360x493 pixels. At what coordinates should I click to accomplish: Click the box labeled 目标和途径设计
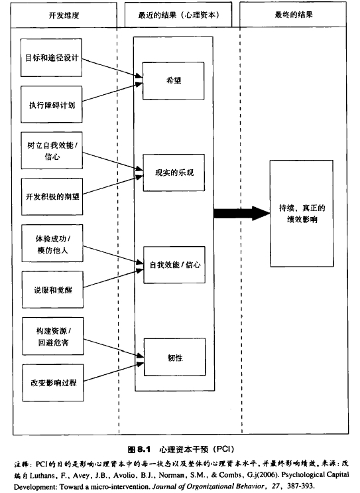point(51,58)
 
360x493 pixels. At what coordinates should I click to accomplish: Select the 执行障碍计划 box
point(52,104)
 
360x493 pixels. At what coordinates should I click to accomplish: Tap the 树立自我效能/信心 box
point(52,151)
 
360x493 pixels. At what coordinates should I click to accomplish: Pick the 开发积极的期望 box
point(52,197)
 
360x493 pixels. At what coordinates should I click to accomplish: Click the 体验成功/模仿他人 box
point(52,244)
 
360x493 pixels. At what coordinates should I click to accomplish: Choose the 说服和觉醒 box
point(53,289)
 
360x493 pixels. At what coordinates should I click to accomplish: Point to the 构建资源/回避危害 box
point(53,336)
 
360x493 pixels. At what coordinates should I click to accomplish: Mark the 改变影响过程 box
point(54,383)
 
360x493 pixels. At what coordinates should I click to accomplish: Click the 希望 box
point(174,81)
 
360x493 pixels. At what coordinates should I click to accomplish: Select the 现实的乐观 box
point(174,173)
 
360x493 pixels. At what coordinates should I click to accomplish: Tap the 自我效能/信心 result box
point(174,265)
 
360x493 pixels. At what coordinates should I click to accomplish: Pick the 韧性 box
point(175,357)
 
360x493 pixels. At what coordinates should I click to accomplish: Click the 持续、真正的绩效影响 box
point(302,214)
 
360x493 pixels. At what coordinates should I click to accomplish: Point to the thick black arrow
point(242,214)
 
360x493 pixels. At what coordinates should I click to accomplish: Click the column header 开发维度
point(64,15)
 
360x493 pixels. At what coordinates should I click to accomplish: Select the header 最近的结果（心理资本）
point(178,15)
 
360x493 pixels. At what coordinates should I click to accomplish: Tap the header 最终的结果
point(294,15)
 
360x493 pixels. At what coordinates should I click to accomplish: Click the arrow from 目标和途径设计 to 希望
point(112,68)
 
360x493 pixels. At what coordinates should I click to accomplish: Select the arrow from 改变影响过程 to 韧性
point(114,372)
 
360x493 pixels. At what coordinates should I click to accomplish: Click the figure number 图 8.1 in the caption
point(139,449)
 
